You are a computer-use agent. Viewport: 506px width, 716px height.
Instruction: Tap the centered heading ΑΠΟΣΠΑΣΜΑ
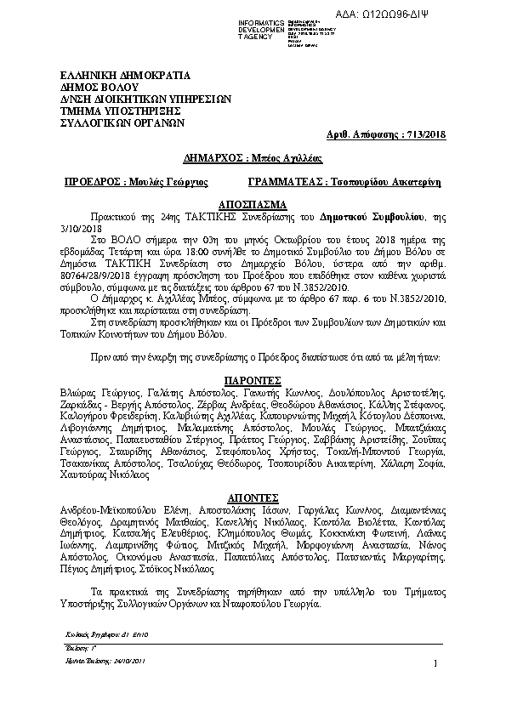click(x=253, y=206)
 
